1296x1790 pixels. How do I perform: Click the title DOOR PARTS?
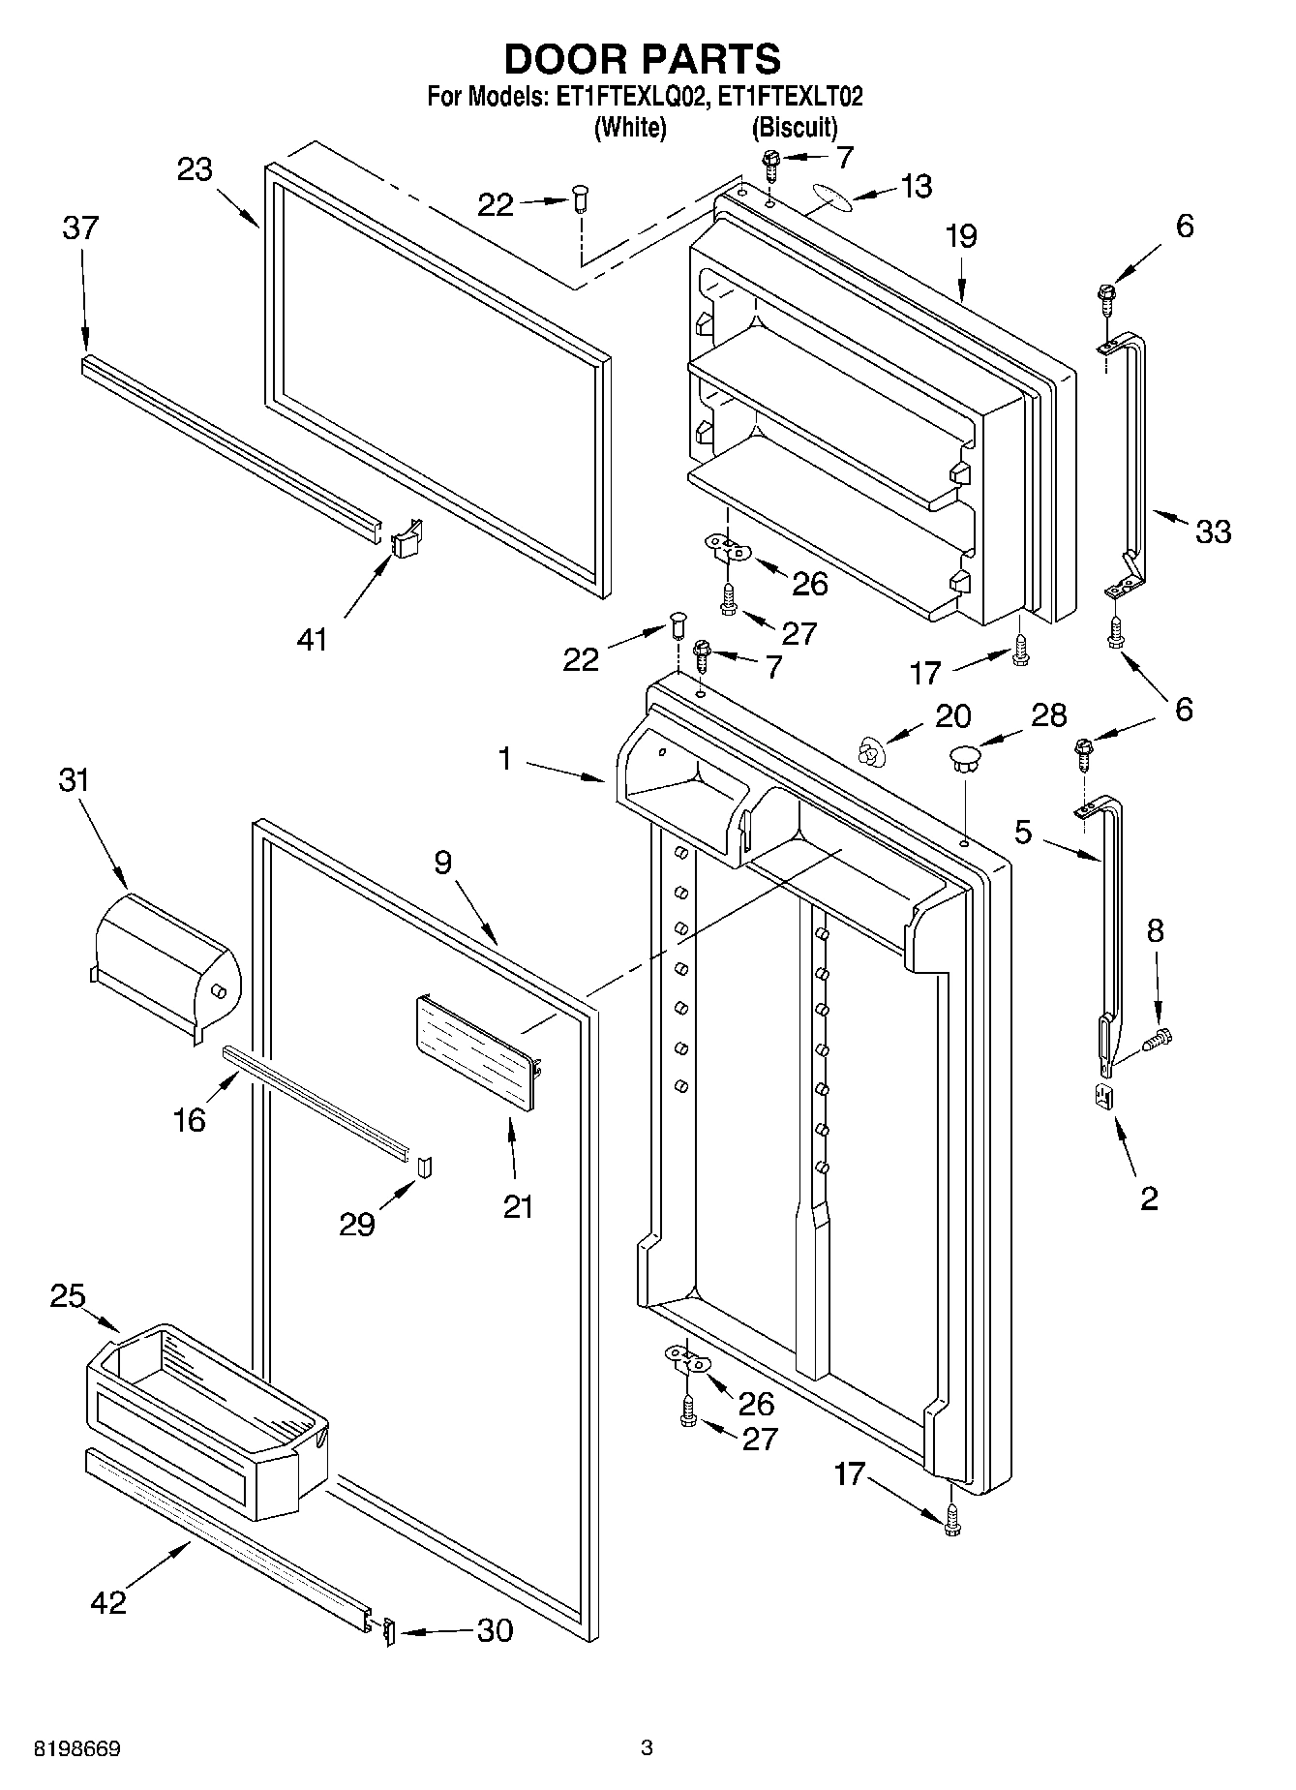(x=642, y=60)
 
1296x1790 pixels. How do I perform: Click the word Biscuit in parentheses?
(x=794, y=127)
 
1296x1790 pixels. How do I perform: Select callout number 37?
(x=80, y=228)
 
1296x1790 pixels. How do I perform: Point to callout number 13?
(x=915, y=187)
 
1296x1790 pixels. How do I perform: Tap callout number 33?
(x=1213, y=531)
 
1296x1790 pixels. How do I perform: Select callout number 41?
(x=312, y=639)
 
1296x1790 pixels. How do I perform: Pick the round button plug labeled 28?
(x=964, y=756)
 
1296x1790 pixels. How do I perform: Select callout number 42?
(x=107, y=1601)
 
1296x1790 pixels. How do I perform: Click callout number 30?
(x=495, y=1631)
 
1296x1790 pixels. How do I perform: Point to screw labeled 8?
(x=1158, y=1041)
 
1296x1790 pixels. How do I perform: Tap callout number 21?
(x=518, y=1206)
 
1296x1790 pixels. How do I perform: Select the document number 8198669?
(x=77, y=1748)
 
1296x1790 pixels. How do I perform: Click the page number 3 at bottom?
(x=647, y=1748)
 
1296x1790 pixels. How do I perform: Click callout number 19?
(x=961, y=236)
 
